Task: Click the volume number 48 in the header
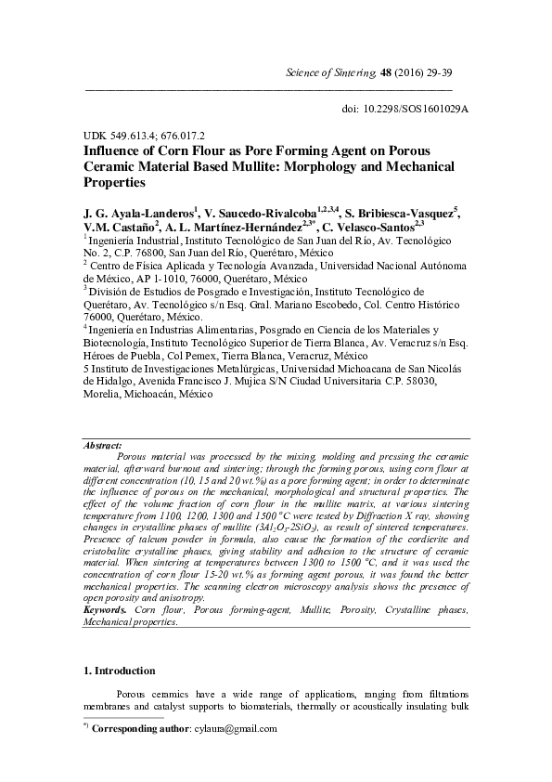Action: tap(386, 72)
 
